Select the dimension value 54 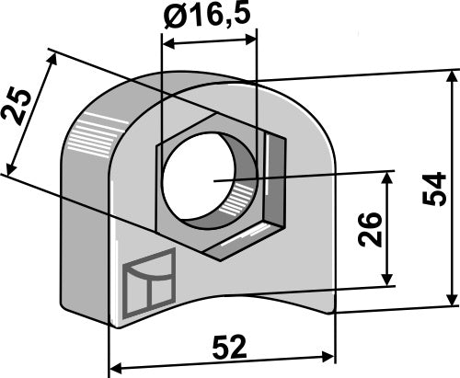point(440,188)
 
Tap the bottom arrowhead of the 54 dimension point(451,301)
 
